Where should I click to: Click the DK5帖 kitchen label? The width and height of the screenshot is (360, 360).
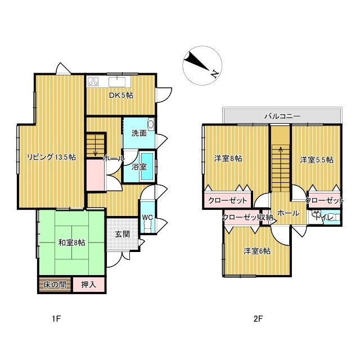coord(121,95)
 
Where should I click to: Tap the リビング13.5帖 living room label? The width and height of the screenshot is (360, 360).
coord(52,157)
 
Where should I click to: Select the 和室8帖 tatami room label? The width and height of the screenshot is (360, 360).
coord(72,242)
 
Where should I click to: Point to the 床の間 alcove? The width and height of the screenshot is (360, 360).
coord(55,285)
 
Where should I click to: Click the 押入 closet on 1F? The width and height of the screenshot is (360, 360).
coord(89,285)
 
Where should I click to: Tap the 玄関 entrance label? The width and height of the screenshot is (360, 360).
coord(123,234)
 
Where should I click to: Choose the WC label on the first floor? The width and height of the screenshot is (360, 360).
coord(147,217)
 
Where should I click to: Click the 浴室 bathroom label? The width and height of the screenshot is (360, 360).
coord(139,167)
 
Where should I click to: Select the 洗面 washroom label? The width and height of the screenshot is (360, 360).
coord(139,133)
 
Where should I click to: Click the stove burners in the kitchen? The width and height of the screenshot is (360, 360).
coord(93,82)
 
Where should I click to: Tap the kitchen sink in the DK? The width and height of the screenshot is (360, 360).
coord(117,82)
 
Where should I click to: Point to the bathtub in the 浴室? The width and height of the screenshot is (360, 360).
coord(147,166)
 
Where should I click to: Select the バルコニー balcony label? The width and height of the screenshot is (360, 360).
coord(282,116)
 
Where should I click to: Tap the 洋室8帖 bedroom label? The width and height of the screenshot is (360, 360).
coord(228,159)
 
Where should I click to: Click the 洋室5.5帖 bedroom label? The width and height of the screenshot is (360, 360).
coord(317,160)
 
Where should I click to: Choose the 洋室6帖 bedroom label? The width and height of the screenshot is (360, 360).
coord(257,251)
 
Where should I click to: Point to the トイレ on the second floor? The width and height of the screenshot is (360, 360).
coord(326,217)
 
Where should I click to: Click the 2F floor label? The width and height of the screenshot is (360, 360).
coord(258,319)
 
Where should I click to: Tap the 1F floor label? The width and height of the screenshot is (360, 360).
coord(56,319)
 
